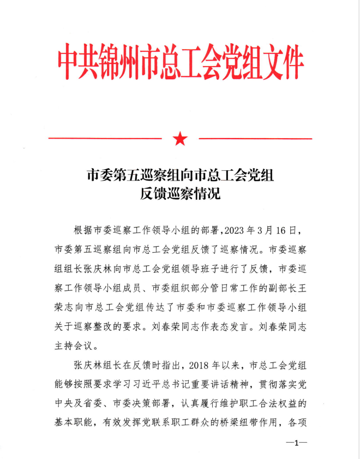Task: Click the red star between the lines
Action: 180,139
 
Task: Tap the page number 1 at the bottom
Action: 297,443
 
